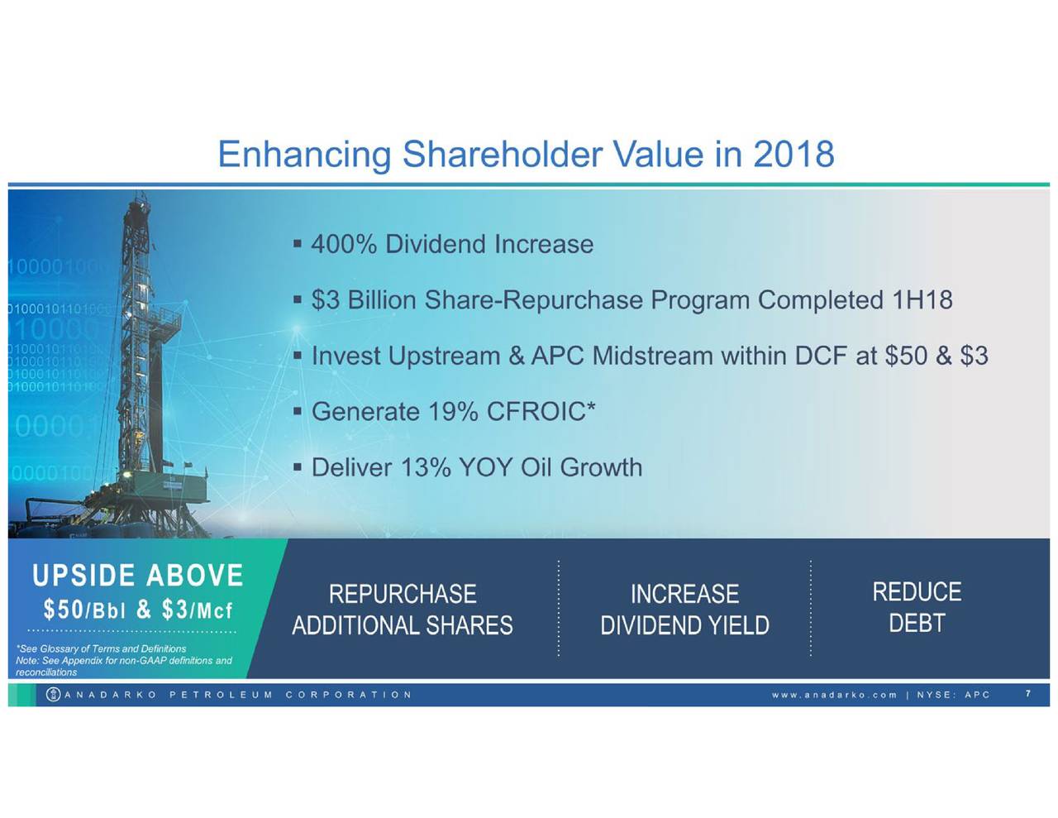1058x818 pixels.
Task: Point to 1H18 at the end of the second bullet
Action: point(922,300)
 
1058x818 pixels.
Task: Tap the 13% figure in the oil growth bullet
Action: point(426,468)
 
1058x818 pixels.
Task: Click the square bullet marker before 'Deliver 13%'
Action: point(298,467)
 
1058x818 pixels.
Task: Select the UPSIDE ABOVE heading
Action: point(138,576)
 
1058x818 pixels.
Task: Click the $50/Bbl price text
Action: point(85,610)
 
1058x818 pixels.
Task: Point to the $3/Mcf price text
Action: point(198,610)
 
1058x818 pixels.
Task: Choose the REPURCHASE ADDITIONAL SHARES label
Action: point(403,610)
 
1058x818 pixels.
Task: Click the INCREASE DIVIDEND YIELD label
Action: point(684,610)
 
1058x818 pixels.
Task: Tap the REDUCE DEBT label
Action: point(917,607)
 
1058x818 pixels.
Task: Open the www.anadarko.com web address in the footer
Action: point(834,695)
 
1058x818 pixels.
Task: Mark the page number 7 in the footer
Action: point(1028,694)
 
